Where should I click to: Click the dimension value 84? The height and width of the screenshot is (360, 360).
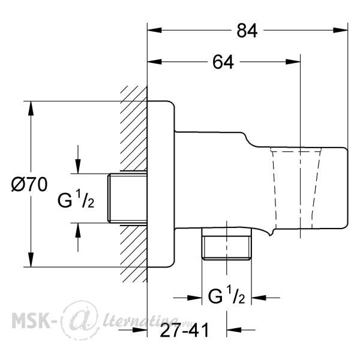[x=247, y=31]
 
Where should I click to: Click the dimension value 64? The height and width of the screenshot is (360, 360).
[x=223, y=62]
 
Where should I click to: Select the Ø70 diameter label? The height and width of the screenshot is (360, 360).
[x=29, y=184]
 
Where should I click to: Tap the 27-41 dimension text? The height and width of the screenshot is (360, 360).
[x=184, y=330]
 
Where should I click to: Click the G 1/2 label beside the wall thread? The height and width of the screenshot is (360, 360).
[x=76, y=199]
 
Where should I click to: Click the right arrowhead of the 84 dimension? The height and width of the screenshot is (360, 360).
[x=341, y=30]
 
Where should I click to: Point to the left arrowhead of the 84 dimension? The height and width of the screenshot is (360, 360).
[x=154, y=30]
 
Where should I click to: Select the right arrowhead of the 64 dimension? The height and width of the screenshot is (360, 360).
[x=293, y=62]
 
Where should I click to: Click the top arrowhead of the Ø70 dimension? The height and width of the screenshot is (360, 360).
[x=31, y=109]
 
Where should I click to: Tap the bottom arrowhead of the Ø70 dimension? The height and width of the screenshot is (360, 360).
[x=31, y=260]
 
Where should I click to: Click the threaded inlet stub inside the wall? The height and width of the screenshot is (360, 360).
[x=127, y=199]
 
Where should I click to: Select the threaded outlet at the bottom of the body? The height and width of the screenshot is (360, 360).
[x=227, y=244]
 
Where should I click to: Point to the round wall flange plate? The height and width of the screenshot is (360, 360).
[x=161, y=184]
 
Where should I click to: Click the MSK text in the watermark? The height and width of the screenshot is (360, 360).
[x=31, y=321]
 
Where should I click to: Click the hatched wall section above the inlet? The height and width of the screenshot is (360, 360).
[x=134, y=128]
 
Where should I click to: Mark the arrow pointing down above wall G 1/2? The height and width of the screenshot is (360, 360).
[x=78, y=160]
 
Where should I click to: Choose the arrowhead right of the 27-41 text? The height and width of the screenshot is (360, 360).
[x=234, y=329]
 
